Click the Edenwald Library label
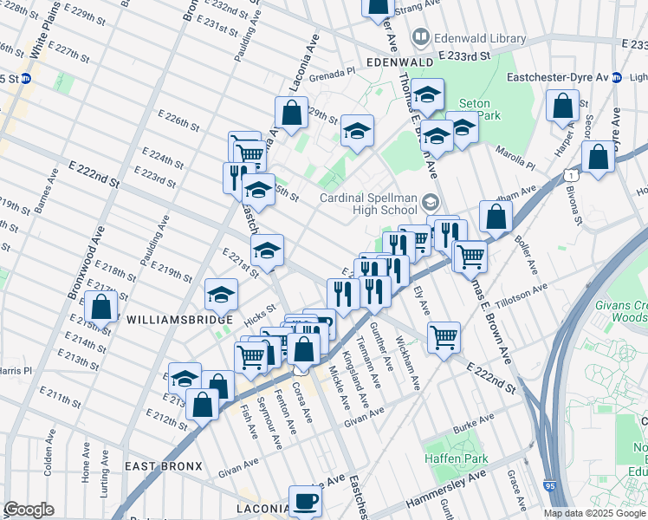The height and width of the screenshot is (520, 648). [x=481, y=38]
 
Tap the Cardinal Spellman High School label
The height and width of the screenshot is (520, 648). [x=370, y=203]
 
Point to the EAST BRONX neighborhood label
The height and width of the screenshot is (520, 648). [x=163, y=466]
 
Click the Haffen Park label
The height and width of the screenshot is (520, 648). [x=456, y=458]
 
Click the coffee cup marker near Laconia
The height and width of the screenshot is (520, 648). [x=304, y=501]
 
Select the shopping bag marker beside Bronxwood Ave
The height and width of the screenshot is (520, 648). [x=101, y=307]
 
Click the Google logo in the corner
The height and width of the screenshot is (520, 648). [x=29, y=509]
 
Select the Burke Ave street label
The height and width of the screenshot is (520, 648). [x=473, y=424]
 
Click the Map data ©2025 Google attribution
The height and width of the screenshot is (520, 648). [x=594, y=513]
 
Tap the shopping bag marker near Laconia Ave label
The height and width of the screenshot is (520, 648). [x=292, y=112]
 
